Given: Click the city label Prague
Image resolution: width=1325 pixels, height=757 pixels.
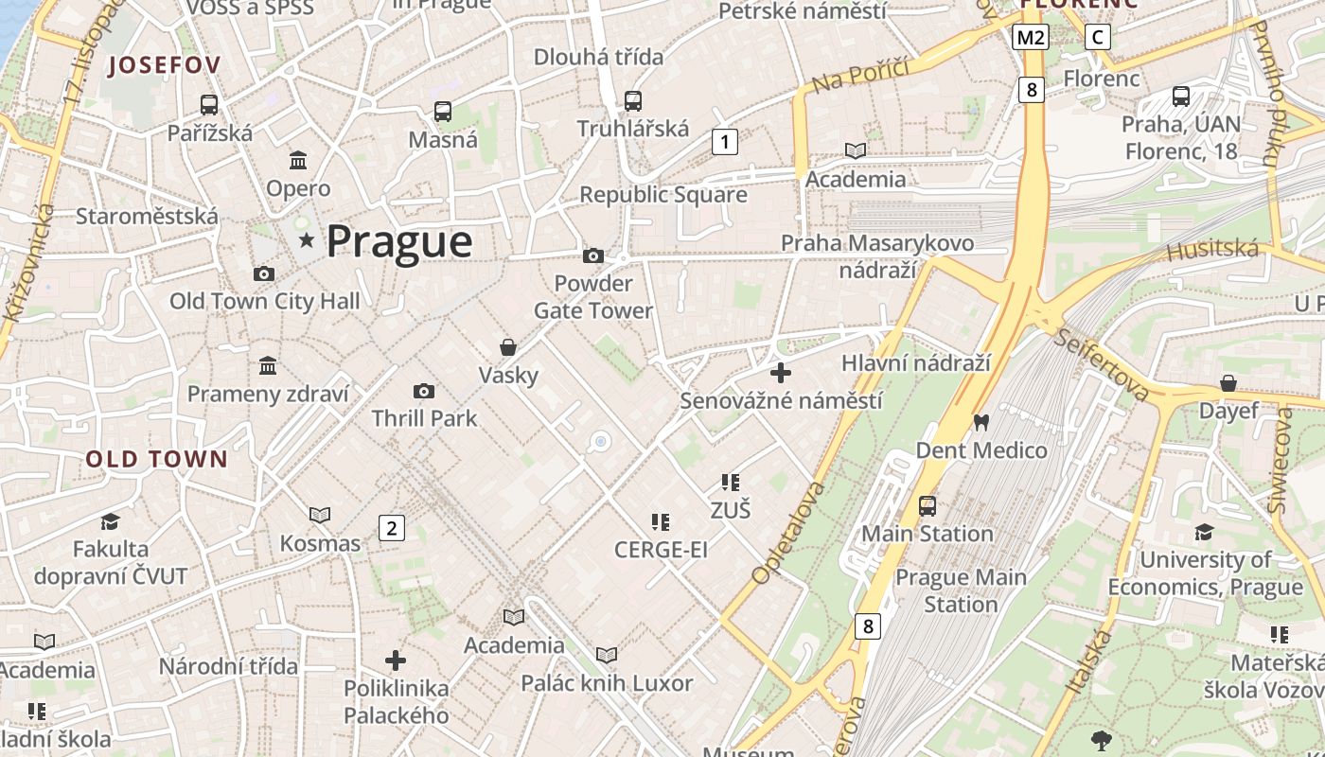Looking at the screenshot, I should coord(398,241).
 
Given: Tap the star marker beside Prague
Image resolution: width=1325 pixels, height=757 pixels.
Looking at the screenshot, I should coord(307,241).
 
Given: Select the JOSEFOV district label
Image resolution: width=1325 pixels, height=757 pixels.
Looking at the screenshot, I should coord(165,65).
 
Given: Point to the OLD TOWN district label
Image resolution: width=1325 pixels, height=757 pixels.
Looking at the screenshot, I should coord(157,460).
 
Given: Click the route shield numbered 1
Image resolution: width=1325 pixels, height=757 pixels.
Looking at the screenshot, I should coord(724,142).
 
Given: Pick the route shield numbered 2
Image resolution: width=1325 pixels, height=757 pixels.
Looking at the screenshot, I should coord(391,528).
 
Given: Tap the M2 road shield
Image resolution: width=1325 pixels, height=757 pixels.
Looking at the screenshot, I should coord(1030,37).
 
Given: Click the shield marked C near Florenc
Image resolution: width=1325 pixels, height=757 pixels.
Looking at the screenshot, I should coord(1097,37).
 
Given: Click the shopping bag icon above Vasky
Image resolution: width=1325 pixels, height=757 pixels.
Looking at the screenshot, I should coord(508,347).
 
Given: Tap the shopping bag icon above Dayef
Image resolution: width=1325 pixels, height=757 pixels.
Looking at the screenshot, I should coord(1228,383).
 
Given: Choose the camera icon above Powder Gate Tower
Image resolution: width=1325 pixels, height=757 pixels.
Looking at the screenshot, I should coord(593,255).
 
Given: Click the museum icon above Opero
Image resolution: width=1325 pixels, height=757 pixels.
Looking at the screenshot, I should coord(298,160).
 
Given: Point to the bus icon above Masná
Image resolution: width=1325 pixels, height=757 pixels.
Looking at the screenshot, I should coord(443,111).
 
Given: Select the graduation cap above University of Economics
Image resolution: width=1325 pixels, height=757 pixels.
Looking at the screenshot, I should coord(1204,532).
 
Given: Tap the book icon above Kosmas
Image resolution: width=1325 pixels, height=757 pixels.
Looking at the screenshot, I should coord(320,515).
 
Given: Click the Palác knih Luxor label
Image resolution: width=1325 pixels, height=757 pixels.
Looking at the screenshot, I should coord(607,682).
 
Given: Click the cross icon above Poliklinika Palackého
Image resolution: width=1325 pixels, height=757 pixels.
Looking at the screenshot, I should coord(396,660).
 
